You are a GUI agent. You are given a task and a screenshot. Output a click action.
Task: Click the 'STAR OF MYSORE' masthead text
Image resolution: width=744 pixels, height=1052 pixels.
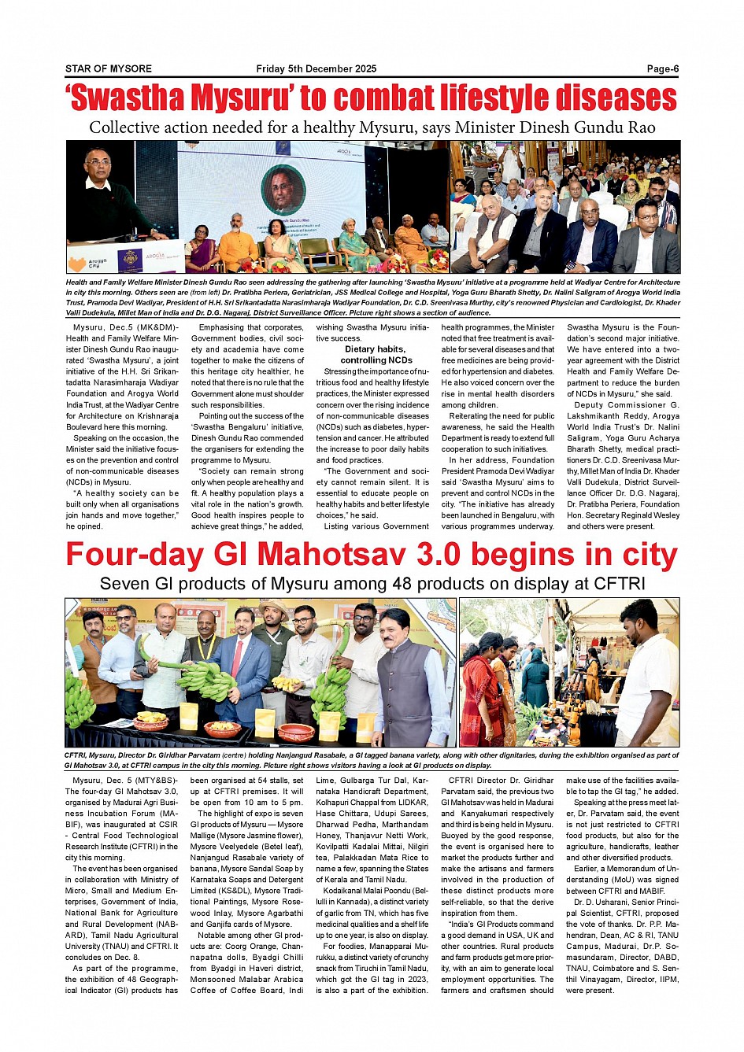pos(109,68)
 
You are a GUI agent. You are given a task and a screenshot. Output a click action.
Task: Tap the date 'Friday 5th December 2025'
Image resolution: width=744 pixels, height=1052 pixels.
pos(316,68)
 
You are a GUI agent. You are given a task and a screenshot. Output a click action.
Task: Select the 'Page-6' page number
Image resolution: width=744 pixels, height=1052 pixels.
pos(662,68)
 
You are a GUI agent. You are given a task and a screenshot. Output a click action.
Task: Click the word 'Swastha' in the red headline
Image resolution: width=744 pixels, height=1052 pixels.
pos(127,99)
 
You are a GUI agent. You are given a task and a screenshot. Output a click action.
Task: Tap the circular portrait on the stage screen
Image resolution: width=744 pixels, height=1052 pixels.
pos(283,190)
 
